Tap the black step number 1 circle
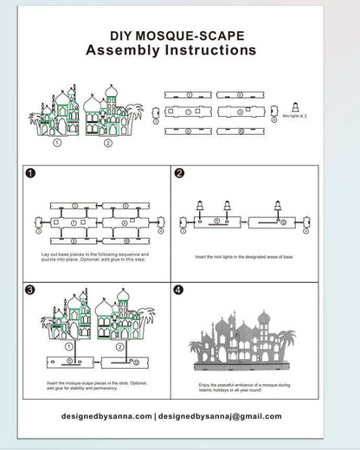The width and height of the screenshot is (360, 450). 31,173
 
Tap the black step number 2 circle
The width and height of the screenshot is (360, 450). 179,173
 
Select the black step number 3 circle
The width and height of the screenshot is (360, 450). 31,290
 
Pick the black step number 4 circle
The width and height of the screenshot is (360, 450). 179,290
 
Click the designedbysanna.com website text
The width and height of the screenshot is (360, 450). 107,416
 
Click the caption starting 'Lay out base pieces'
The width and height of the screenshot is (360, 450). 95,258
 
